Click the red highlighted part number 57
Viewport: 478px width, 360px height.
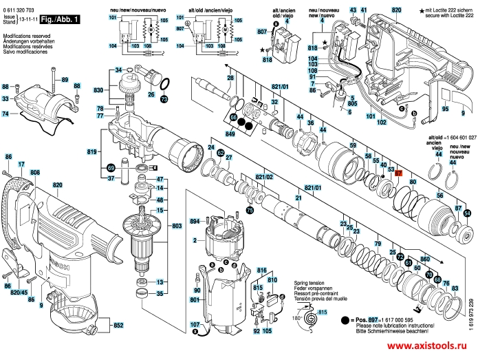(398, 173)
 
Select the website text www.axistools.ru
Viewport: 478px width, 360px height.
(428, 348)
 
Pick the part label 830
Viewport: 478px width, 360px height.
(98, 91)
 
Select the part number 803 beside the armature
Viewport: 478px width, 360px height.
(176, 226)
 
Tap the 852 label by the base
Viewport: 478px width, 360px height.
(118, 325)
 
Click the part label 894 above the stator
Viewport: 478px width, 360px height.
(194, 221)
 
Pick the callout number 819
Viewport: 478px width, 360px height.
(91, 151)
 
